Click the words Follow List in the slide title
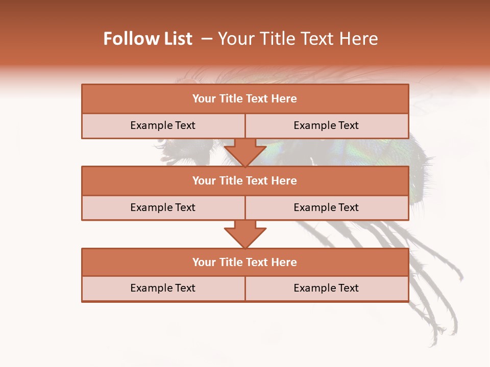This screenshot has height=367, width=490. click(148, 39)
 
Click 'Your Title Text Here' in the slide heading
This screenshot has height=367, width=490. click(298, 39)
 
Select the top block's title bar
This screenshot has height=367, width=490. click(245, 99)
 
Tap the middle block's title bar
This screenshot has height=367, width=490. click(245, 181)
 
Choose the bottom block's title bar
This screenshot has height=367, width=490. click(245, 263)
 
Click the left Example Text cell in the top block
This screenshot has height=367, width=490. click(163, 126)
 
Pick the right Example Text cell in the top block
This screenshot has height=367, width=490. click(327, 126)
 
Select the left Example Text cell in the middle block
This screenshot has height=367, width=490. click(163, 208)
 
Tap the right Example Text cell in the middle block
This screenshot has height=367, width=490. click(327, 208)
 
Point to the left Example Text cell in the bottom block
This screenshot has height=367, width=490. click(163, 289)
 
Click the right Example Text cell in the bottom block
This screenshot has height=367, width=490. click(327, 289)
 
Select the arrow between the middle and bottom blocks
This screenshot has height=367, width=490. click(245, 234)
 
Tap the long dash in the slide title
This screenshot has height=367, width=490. click(207, 39)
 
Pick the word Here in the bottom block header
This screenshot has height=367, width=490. click(284, 263)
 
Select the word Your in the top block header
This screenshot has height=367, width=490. click(204, 99)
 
